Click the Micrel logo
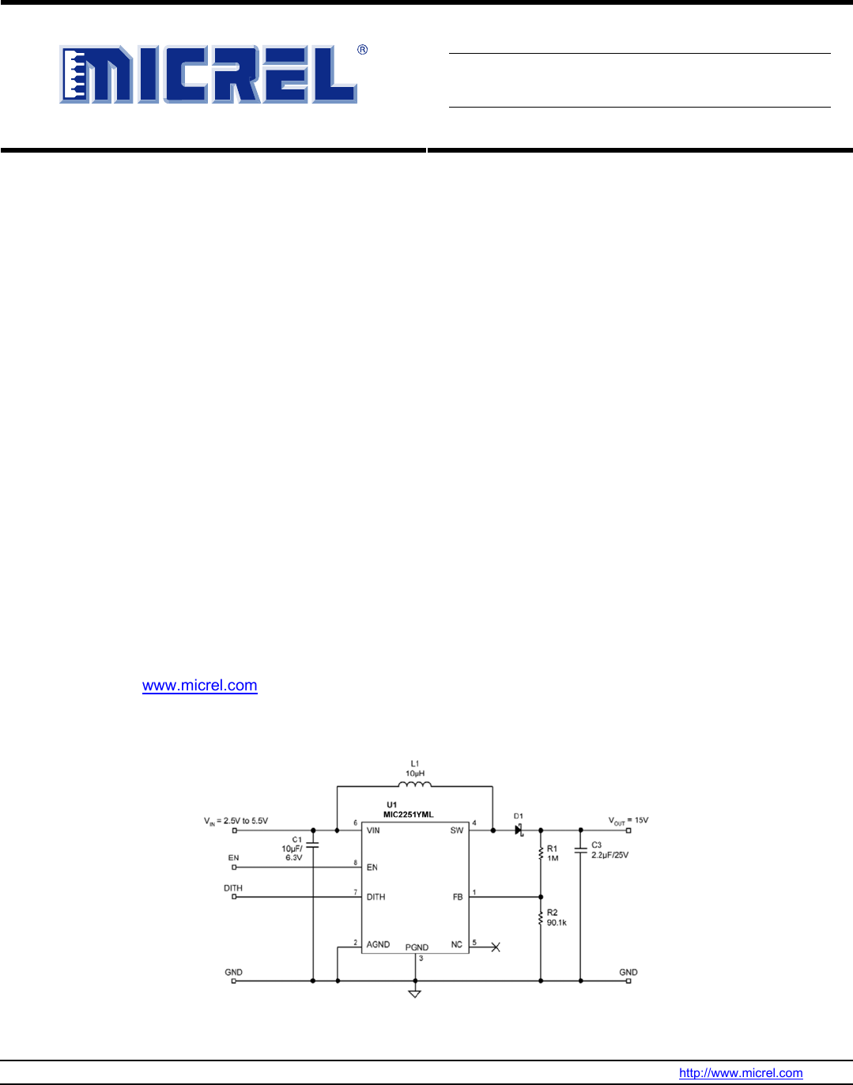(208, 74)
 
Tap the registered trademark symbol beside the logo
(363, 49)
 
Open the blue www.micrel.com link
(200, 685)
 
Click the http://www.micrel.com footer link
(741, 1072)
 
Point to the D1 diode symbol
(519, 830)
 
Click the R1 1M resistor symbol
(541, 853)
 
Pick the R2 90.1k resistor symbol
(541, 918)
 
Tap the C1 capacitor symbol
(312, 845)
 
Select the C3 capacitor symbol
(580, 850)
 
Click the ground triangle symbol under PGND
(414, 994)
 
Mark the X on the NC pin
(496, 947)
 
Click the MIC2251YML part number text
(408, 815)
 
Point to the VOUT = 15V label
(628, 821)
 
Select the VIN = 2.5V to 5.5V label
(236, 822)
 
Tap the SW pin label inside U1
(457, 830)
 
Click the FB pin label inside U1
(458, 897)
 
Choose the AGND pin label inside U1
(378, 944)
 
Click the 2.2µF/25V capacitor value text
(610, 855)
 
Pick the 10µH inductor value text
(415, 773)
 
